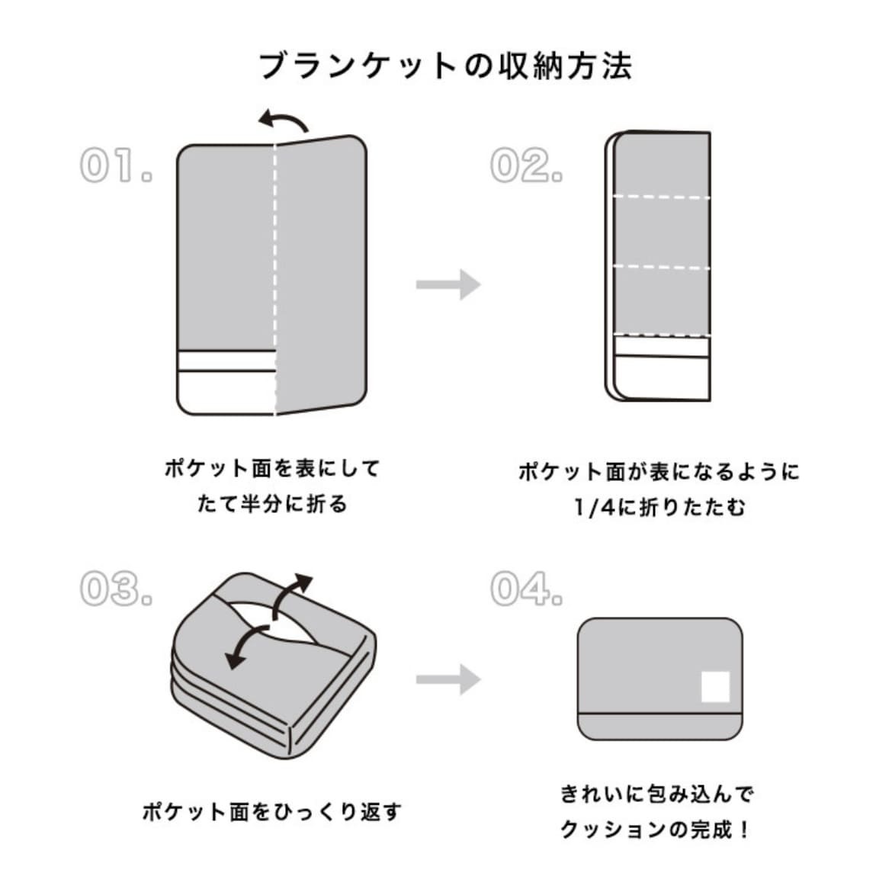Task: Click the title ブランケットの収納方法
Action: click(446, 66)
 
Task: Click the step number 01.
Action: click(115, 166)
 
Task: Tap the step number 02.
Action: click(525, 166)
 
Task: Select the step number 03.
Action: click(115, 589)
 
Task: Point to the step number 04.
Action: click(526, 589)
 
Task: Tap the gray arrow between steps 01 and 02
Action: click(448, 284)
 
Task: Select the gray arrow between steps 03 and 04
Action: click(448, 679)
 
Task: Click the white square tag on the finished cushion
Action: click(715, 686)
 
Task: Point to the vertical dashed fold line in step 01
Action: click(275, 274)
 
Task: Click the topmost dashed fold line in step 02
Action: click(662, 197)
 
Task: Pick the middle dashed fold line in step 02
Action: click(662, 267)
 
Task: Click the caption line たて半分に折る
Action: click(272, 504)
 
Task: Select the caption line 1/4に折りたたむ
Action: click(659, 507)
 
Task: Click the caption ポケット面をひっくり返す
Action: click(272, 812)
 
